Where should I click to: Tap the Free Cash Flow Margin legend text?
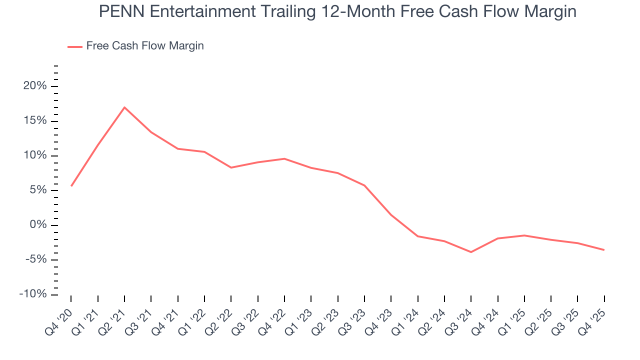click(145, 46)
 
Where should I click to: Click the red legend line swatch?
click(75, 46)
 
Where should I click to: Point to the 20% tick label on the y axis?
click(36, 86)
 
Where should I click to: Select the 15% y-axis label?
click(36, 121)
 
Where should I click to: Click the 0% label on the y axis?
click(39, 225)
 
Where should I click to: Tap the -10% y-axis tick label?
click(33, 294)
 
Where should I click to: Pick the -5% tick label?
click(36, 259)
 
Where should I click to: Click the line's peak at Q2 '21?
click(124, 107)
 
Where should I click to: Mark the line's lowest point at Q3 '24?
click(471, 252)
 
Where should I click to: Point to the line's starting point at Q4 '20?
click(71, 186)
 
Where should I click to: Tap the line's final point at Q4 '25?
click(604, 250)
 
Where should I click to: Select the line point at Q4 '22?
click(284, 158)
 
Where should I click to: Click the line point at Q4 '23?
click(391, 215)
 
